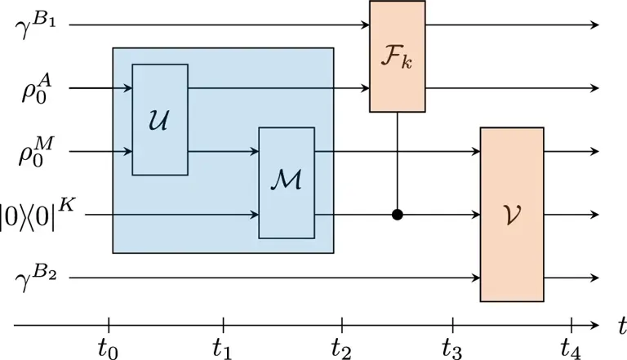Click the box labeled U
[160, 119]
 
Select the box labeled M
[287, 183]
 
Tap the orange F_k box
[398, 56]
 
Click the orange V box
[512, 215]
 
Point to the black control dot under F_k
[398, 216]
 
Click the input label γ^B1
[35, 24]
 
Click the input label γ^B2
[35, 278]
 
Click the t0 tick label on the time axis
[108, 347]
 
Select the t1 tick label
[223, 347]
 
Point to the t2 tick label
[341, 347]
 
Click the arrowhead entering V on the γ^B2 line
[475, 279]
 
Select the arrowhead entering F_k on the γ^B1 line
[365, 25]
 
